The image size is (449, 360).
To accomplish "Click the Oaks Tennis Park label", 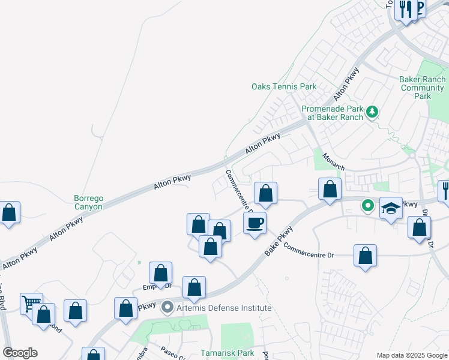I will point(283,87).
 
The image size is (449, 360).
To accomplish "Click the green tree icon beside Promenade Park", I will point(372,111).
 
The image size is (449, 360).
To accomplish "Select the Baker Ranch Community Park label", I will point(423,88).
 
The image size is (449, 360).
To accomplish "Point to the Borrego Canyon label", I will point(88,202).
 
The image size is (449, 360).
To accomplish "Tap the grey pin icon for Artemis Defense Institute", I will point(168,308).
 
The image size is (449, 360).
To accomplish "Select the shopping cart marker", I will point(31,303).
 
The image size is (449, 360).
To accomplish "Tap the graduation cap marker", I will point(391,208).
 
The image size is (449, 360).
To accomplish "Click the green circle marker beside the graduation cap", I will point(368,206).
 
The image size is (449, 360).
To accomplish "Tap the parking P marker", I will point(418,7).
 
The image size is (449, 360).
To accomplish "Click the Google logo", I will point(20,353).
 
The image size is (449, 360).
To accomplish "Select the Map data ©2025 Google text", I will point(412,355).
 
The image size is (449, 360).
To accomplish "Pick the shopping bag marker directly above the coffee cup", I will point(265,194).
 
